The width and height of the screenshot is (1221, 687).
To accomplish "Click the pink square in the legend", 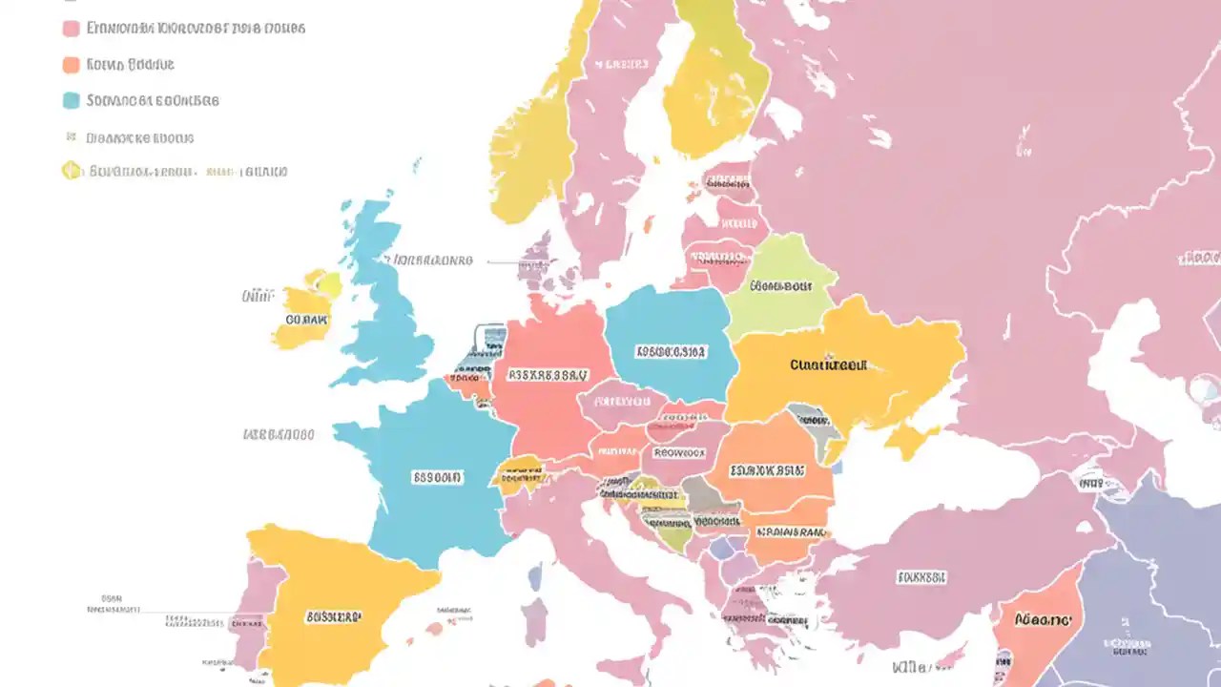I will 71,29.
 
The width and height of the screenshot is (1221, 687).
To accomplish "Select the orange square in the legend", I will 71,65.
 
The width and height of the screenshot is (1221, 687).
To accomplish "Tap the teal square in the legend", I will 71,100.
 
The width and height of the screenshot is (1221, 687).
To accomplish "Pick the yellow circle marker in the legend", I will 71,172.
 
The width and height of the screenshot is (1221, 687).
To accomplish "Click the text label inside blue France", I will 437,476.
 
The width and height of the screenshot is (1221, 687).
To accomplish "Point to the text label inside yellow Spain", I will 333,617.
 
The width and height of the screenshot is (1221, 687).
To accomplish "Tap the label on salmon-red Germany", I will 548,375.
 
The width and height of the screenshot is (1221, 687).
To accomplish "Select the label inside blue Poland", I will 671,351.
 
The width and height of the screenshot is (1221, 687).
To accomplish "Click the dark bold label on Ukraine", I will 828,364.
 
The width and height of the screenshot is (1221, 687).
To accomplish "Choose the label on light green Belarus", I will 779,285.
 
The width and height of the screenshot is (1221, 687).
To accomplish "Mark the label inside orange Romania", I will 767,470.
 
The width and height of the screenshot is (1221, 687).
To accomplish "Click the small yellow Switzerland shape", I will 520,472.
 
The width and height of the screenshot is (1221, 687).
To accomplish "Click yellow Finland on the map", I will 715,86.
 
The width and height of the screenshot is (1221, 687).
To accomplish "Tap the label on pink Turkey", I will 921,577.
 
